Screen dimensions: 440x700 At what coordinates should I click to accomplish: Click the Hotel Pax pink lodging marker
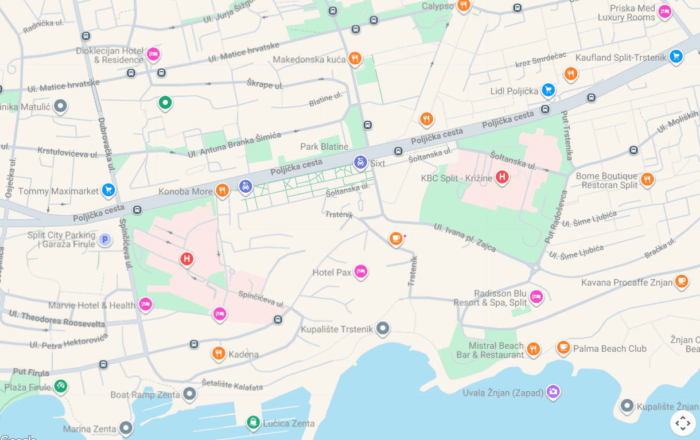360,271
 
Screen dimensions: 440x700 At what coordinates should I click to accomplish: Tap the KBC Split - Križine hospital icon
502,177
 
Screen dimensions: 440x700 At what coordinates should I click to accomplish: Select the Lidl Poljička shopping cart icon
549,90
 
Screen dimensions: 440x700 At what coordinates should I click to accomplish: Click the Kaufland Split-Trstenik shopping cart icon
676,56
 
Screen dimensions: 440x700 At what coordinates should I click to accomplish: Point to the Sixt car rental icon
360,162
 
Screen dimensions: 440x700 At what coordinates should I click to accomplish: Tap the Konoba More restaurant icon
223,190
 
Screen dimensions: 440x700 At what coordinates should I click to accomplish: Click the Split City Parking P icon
104,240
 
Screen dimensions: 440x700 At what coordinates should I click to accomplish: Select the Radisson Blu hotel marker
536,297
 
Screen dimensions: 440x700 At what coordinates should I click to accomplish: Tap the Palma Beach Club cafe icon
563,347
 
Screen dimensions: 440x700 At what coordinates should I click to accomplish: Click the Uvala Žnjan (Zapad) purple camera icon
553,392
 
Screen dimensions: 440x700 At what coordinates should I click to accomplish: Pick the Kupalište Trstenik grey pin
383,329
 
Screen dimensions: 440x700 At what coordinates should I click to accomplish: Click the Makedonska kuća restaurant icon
355,58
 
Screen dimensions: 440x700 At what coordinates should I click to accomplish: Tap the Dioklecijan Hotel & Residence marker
153,54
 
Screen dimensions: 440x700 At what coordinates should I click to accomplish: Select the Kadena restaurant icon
218,353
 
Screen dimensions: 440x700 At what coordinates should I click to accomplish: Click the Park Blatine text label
324,147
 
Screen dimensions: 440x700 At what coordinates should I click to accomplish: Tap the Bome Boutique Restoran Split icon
647,180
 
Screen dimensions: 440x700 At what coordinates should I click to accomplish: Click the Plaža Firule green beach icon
60,386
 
